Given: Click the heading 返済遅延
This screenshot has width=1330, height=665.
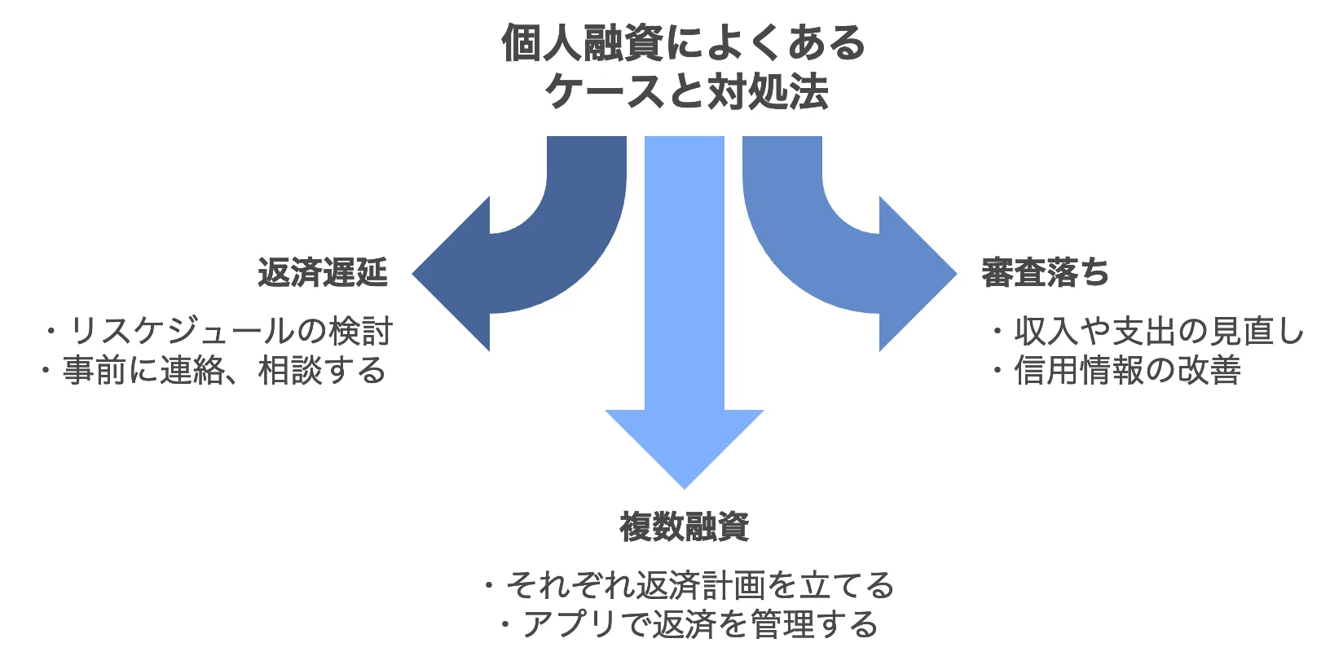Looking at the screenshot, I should point(323,272).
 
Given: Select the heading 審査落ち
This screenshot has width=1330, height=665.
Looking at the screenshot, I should point(1045,272).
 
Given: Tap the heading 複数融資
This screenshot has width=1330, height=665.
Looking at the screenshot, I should point(684,526).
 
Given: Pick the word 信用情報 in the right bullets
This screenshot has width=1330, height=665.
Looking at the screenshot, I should point(1079,371).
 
